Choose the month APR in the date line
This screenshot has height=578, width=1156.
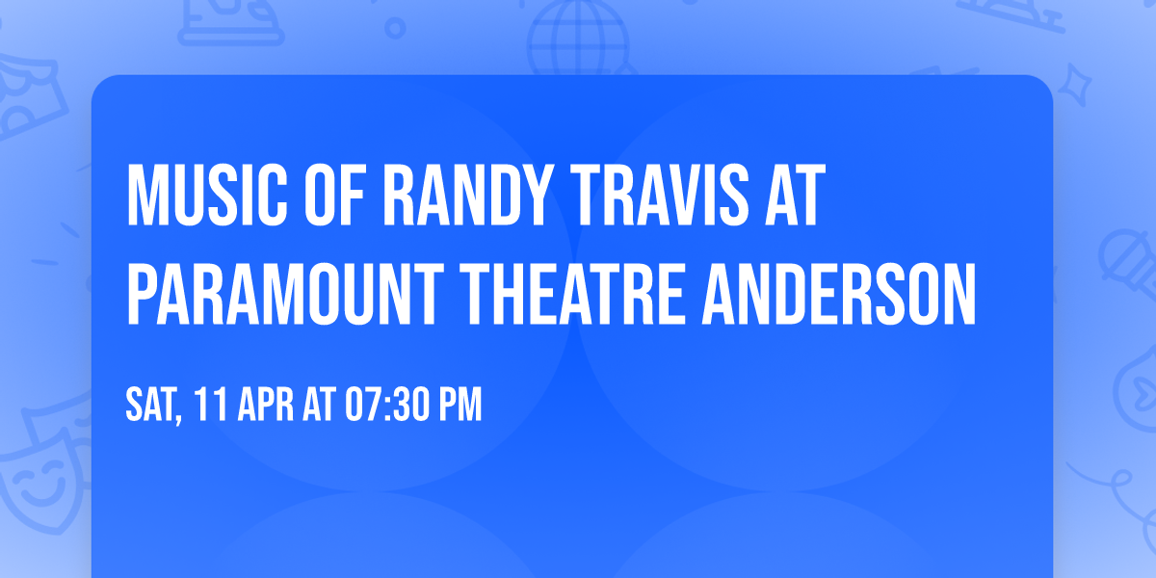[x=266, y=406]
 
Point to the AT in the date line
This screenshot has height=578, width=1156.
[x=319, y=406]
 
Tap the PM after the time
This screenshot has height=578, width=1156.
[x=460, y=406]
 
